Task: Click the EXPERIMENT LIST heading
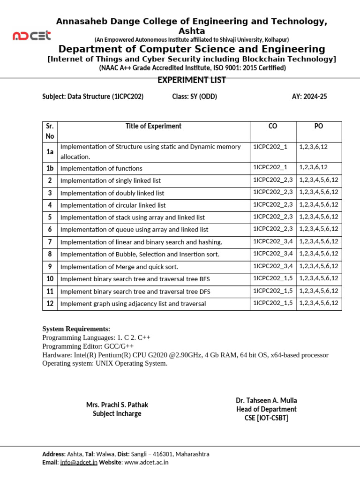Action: [192, 80]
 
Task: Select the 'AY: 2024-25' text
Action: [309, 97]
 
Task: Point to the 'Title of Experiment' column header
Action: [153, 126]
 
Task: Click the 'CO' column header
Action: [273, 126]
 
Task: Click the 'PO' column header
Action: [319, 126]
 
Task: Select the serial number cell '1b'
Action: [49, 168]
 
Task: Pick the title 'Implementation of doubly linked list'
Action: [112, 193]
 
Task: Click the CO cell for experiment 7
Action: [273, 241]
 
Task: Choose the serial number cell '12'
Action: [49, 303]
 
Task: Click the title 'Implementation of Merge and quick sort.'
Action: [120, 267]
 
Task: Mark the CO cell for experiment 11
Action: [273, 291]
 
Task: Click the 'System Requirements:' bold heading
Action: [76, 329]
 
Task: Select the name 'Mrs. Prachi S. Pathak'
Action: [117, 405]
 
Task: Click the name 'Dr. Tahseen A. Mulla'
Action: [266, 400]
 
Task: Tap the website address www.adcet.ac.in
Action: [146, 462]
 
